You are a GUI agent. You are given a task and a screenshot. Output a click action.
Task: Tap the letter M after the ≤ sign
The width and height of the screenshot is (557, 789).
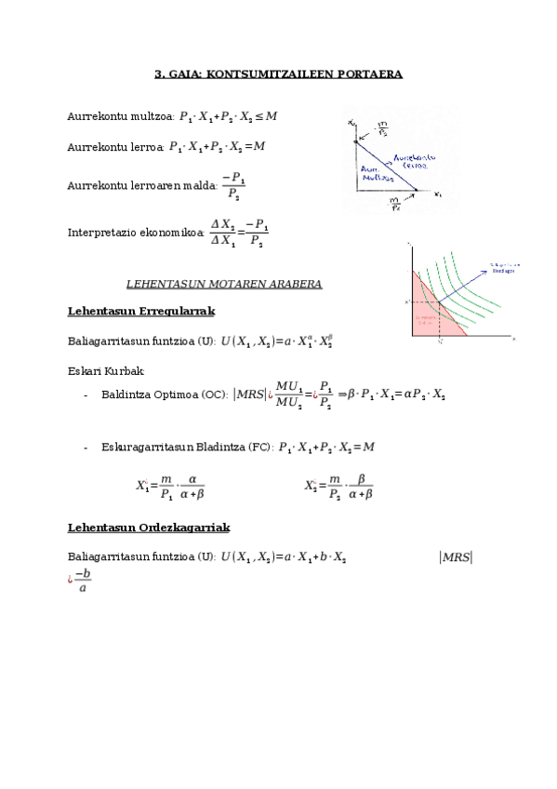pyautogui.click(x=272, y=116)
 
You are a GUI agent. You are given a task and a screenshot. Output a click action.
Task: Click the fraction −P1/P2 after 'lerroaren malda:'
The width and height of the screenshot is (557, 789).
pyautogui.click(x=233, y=186)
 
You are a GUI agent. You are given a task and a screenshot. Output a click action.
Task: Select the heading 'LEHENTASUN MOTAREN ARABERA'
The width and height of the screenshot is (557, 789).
pyautogui.click(x=224, y=283)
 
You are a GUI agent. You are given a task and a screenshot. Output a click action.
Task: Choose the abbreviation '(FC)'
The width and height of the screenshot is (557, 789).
pyautogui.click(x=259, y=448)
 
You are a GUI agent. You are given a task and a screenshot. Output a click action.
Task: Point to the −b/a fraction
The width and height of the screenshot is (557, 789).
pyautogui.click(x=84, y=580)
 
